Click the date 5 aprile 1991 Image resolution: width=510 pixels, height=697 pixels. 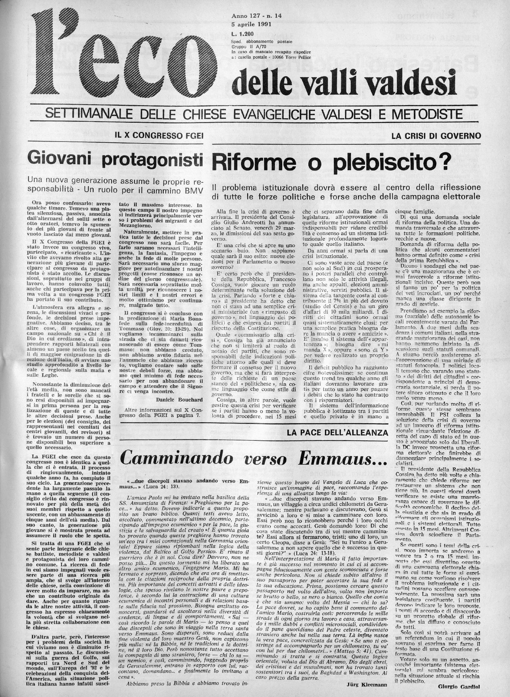point(249,23)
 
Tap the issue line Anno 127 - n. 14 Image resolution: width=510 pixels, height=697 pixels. point(251,15)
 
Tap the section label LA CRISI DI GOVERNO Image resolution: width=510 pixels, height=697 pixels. point(436,136)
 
